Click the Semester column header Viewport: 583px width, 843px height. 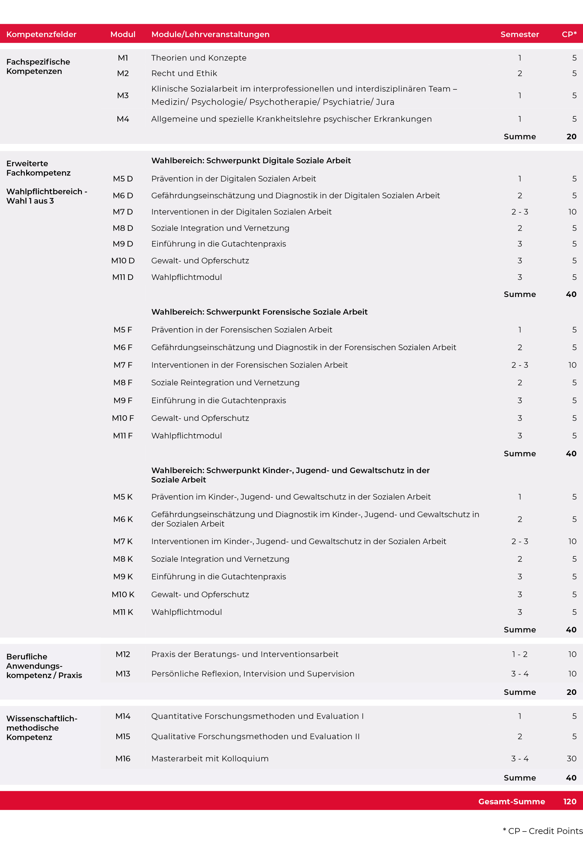[x=520, y=34]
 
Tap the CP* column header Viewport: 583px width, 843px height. [x=569, y=34]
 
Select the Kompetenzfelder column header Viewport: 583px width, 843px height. [x=41, y=34]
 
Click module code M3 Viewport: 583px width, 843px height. [x=123, y=95]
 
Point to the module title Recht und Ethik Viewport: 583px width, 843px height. [x=184, y=73]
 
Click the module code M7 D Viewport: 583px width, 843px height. [x=123, y=212]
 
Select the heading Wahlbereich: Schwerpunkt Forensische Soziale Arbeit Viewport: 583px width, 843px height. [x=259, y=312]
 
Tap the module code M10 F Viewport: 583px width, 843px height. [x=123, y=418]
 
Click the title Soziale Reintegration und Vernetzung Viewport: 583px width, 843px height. [x=225, y=383]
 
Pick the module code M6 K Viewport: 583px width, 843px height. [x=123, y=519]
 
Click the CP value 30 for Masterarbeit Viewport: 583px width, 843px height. [x=571, y=759]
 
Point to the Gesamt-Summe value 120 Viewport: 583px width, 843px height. [x=570, y=801]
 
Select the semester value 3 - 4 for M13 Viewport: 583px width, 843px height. [x=520, y=674]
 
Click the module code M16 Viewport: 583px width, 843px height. [x=123, y=759]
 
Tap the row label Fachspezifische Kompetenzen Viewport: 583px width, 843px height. [x=38, y=67]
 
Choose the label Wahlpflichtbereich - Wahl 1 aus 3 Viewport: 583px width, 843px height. [x=46, y=196]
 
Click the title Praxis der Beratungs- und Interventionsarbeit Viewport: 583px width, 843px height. [x=245, y=654]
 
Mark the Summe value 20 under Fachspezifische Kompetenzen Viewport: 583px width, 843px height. [x=571, y=137]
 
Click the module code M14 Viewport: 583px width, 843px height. [x=123, y=716]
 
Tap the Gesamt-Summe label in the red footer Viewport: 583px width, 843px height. [x=511, y=801]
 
